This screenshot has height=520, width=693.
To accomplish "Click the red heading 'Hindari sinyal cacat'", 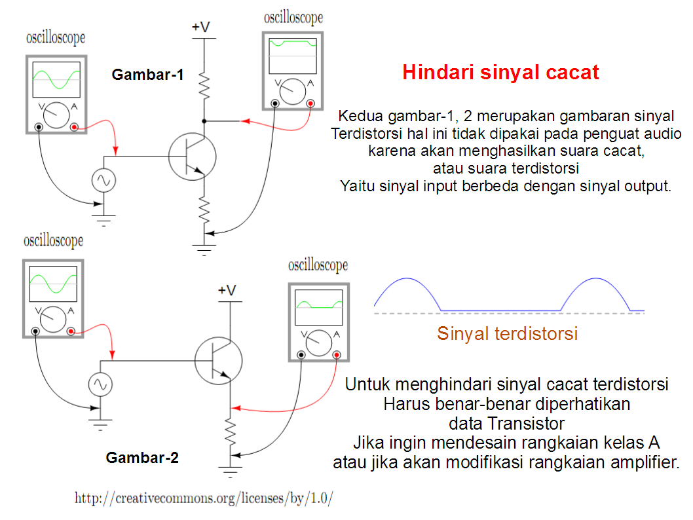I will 500,72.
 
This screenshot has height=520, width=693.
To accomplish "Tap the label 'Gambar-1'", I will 147,75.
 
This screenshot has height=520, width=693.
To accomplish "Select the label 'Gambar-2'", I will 142,458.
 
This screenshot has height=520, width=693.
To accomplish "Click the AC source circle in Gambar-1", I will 103,179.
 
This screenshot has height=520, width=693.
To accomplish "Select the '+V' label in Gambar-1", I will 201,28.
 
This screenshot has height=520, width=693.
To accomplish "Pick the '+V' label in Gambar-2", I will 227,290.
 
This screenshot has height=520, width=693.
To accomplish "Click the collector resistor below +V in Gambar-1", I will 204,86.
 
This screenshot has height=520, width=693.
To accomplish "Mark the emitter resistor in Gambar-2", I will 230,431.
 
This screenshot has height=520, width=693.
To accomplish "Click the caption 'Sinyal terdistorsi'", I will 508,333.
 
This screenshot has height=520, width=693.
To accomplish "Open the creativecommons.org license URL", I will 204,498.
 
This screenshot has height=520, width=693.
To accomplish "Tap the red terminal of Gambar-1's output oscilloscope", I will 310,103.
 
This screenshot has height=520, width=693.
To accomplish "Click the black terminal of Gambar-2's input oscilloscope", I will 35,331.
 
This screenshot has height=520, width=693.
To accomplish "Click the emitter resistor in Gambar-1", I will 204,210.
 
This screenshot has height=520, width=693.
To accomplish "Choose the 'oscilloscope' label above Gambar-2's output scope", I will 318,266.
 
